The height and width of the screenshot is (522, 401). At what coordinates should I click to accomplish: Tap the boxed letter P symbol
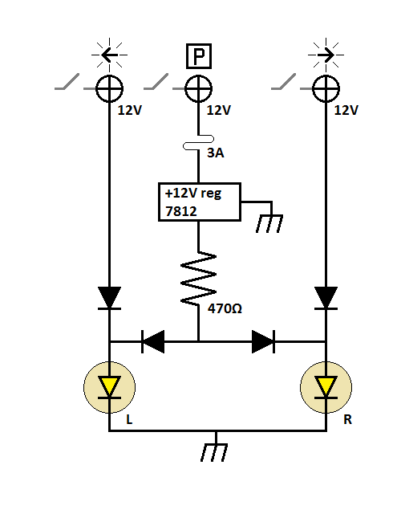(x=196, y=56)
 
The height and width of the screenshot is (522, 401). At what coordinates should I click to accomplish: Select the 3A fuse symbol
(x=196, y=146)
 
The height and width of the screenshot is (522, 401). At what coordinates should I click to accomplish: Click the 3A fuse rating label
(x=216, y=152)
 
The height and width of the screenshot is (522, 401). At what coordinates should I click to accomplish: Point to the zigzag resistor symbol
(x=197, y=278)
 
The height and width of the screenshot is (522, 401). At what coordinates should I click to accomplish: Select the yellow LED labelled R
(x=325, y=387)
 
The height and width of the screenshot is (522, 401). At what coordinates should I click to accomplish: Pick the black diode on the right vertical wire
(x=326, y=298)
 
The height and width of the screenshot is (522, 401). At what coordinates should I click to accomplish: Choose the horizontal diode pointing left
(x=152, y=341)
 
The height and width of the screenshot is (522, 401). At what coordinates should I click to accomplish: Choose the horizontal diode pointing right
(x=263, y=341)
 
